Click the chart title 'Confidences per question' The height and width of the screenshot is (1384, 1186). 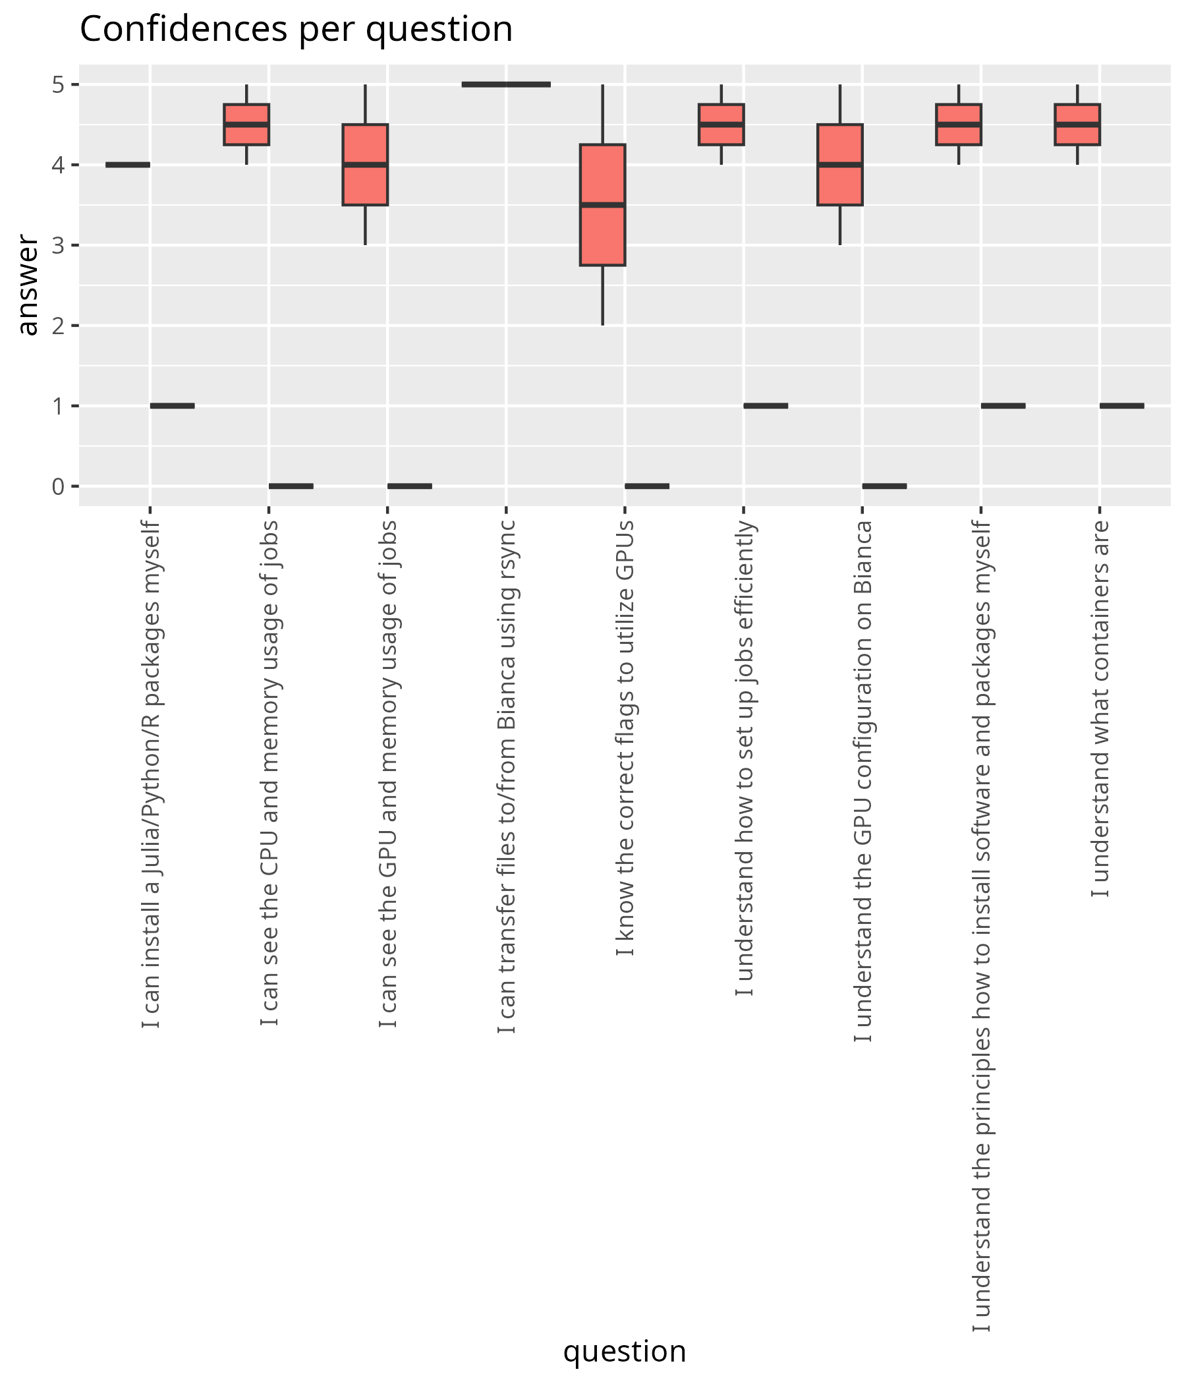tap(296, 30)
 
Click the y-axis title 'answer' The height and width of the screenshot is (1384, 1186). tap(28, 285)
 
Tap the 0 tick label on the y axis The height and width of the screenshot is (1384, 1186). tap(59, 486)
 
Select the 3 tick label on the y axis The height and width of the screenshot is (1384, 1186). tap(59, 245)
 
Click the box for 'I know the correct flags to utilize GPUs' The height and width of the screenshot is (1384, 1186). tap(602, 204)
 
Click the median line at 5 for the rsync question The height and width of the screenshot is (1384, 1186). tap(506, 84)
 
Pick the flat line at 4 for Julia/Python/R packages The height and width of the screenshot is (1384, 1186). tap(128, 164)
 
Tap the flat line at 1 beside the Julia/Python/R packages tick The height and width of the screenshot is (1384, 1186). tap(172, 405)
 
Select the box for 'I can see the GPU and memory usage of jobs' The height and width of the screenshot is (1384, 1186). tap(365, 164)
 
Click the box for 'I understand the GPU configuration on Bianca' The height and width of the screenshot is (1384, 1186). tap(839, 164)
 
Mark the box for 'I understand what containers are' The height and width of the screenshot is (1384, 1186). tap(1077, 125)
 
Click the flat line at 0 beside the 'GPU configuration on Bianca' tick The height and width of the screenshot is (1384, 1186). tap(884, 486)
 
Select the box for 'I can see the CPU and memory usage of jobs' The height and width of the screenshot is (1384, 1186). tap(246, 125)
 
